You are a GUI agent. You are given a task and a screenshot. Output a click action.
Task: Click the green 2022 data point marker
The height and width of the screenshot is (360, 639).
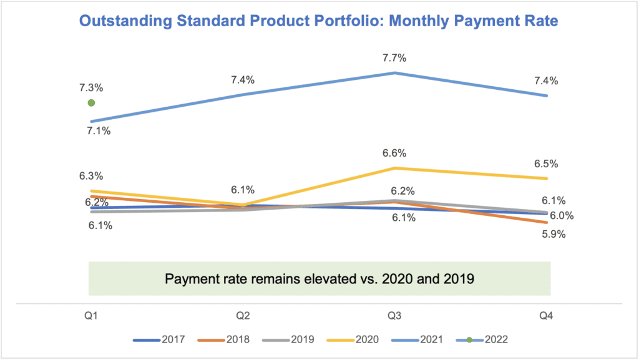click(x=91, y=103)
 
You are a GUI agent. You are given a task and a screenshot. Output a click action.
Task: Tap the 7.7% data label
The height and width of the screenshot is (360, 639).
click(x=395, y=59)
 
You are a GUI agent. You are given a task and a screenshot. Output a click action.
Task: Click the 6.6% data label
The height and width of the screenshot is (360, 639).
click(x=395, y=153)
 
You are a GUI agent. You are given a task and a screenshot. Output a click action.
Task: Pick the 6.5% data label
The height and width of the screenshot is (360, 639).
click(x=547, y=164)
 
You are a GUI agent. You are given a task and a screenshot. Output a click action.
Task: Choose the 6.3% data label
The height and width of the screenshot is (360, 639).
click(x=91, y=177)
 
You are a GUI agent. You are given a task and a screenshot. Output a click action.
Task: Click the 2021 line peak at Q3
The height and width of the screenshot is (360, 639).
click(x=395, y=73)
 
